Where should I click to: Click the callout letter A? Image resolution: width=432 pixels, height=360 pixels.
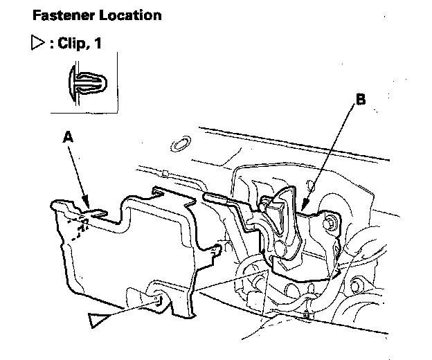(x=66, y=138)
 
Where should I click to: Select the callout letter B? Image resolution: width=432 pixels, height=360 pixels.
(x=360, y=100)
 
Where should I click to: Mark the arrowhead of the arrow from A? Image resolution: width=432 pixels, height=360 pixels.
(x=87, y=203)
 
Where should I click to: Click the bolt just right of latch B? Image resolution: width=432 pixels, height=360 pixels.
(x=332, y=223)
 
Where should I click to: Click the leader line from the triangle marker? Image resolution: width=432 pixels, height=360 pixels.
(x=132, y=309)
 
